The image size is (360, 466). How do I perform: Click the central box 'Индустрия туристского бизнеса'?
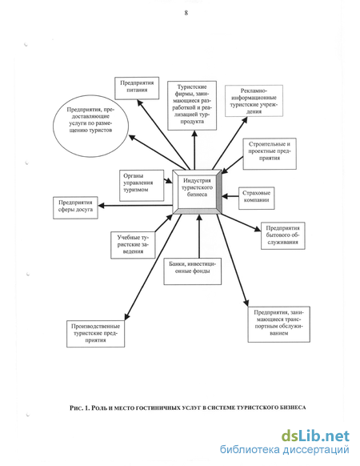[x=198, y=191]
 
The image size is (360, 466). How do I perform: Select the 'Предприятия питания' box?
[x=137, y=88]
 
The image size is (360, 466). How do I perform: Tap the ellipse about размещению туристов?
[x=91, y=126]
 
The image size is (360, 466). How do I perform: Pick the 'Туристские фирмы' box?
[x=192, y=106]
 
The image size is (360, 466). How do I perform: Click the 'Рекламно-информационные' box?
[x=254, y=101]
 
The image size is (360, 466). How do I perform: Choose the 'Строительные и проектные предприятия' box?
[x=270, y=154]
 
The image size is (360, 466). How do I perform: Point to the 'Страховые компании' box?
[x=256, y=198]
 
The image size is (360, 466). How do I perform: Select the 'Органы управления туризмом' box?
[x=142, y=186]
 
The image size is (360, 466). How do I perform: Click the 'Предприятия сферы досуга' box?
[x=75, y=207]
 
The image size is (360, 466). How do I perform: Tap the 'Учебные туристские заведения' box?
[x=133, y=245]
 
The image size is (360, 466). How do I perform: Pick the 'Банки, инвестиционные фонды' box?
[x=193, y=271]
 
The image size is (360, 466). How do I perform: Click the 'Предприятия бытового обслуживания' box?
[x=282, y=235]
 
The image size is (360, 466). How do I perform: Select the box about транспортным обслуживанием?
[x=279, y=324]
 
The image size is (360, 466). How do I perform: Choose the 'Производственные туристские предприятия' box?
[x=96, y=334]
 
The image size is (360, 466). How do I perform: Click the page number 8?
[x=186, y=13]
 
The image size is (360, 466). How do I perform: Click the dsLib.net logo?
[x=315, y=436]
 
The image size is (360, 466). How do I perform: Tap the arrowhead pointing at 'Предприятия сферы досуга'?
[x=101, y=205]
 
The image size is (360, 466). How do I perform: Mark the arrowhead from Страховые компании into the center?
[x=225, y=196]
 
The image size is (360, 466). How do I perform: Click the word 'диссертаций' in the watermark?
[x=315, y=451]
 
